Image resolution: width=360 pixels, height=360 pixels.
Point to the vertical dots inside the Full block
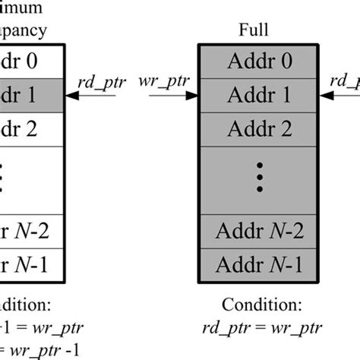pyautogui.click(x=260, y=178)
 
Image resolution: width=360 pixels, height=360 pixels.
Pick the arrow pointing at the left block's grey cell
pyautogui.click(x=83, y=96)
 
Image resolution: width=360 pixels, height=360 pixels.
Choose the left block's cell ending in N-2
pyautogui.click(x=30, y=231)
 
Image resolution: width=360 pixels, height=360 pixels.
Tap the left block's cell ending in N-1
pyautogui.click(x=30, y=264)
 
